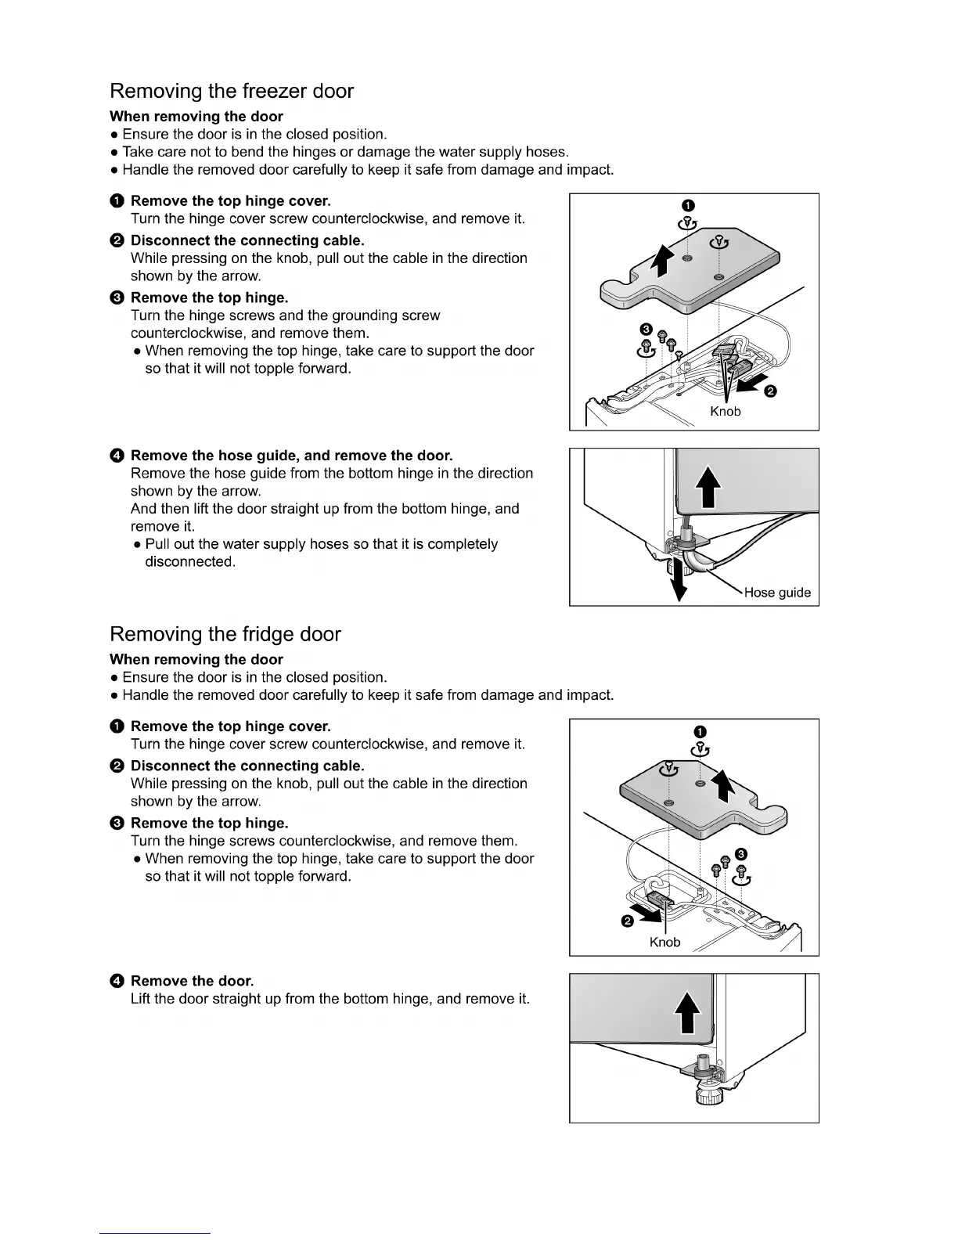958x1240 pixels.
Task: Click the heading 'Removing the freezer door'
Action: (x=232, y=92)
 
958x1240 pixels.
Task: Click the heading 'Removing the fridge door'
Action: (x=225, y=634)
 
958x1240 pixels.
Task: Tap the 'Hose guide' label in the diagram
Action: (x=776, y=593)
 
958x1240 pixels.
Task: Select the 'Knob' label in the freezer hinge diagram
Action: (x=725, y=412)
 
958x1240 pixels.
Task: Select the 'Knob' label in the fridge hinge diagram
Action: (x=664, y=943)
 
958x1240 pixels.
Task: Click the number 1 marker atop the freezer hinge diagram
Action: (x=686, y=205)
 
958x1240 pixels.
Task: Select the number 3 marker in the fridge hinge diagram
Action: (x=741, y=853)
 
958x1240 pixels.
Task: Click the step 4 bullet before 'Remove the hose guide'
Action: (x=117, y=456)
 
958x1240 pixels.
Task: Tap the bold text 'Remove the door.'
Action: (x=192, y=981)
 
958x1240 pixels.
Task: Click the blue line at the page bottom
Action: (x=154, y=1233)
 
